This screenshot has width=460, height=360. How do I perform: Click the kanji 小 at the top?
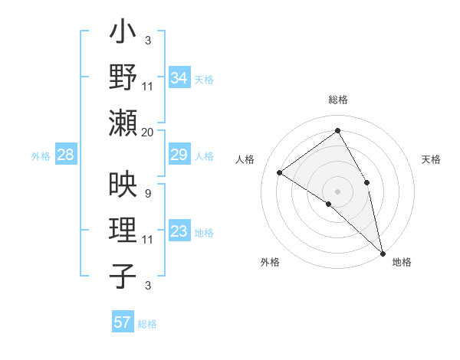pos(123,34)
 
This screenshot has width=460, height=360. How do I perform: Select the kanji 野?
pos(123,79)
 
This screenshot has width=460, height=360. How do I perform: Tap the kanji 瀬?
pos(123,123)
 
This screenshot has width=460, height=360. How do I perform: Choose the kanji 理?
pos(123,231)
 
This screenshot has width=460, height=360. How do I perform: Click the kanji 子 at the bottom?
pos(123,275)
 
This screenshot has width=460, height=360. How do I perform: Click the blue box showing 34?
pos(179,78)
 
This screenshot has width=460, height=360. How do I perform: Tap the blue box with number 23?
pos(179,232)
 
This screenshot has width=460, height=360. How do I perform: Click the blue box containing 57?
pos(123,322)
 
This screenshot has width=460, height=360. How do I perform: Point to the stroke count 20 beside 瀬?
pos(148,132)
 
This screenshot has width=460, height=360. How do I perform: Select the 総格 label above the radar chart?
pos(337,100)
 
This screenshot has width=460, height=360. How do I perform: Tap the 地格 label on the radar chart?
pos(402,262)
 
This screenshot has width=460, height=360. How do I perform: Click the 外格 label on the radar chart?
pos(270,262)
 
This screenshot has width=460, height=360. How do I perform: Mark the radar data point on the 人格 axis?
pos(280,172)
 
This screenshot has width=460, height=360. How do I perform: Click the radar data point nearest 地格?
pos(382,252)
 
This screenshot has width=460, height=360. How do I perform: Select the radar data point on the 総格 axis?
pos(337,131)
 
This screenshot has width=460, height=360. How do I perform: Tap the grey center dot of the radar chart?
pos(337,191)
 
